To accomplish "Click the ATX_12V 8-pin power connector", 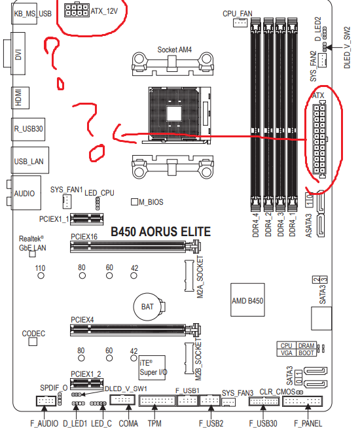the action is [77, 10].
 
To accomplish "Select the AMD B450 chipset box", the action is [247, 300].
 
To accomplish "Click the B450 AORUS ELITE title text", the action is [161, 232].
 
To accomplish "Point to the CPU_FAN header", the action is [240, 22].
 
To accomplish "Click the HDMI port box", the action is [20, 97].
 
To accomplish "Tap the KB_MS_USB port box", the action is [25, 13].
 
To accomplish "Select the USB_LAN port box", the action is [30, 160].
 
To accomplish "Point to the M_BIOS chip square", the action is [134, 201].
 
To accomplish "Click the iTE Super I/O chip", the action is [152, 368].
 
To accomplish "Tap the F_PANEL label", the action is [308, 424].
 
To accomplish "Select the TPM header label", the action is [154, 424].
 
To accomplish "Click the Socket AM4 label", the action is [175, 50].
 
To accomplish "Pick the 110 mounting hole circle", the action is [41, 275].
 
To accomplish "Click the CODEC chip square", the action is [33, 341].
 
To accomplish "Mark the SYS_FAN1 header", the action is [67, 201].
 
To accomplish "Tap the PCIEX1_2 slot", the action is [86, 383].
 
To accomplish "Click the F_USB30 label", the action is [263, 424].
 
